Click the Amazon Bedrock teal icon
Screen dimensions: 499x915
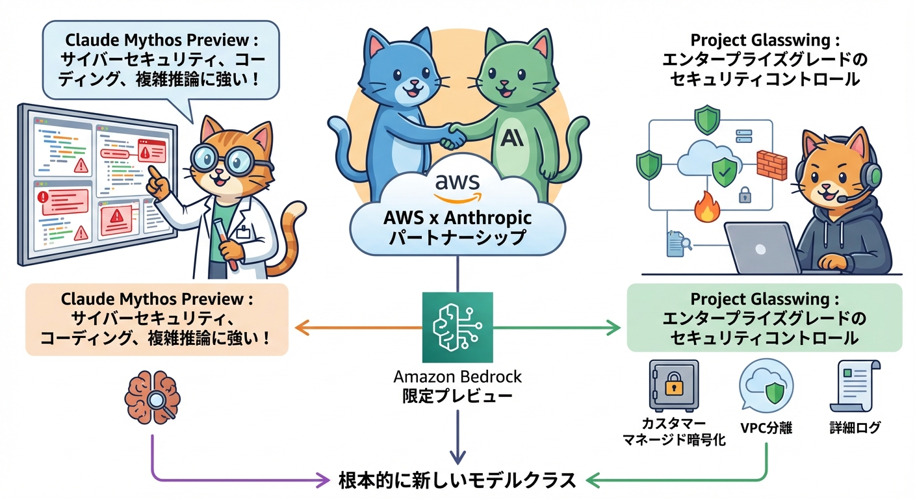click(x=457, y=327)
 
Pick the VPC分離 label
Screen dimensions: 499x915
click(x=766, y=428)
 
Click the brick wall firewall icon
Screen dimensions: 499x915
click(x=771, y=165)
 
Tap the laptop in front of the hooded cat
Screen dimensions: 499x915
click(x=761, y=249)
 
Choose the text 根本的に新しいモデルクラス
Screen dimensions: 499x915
click(x=457, y=480)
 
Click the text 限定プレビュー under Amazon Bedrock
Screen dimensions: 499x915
click(x=457, y=395)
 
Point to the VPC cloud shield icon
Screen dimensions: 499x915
click(x=766, y=388)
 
